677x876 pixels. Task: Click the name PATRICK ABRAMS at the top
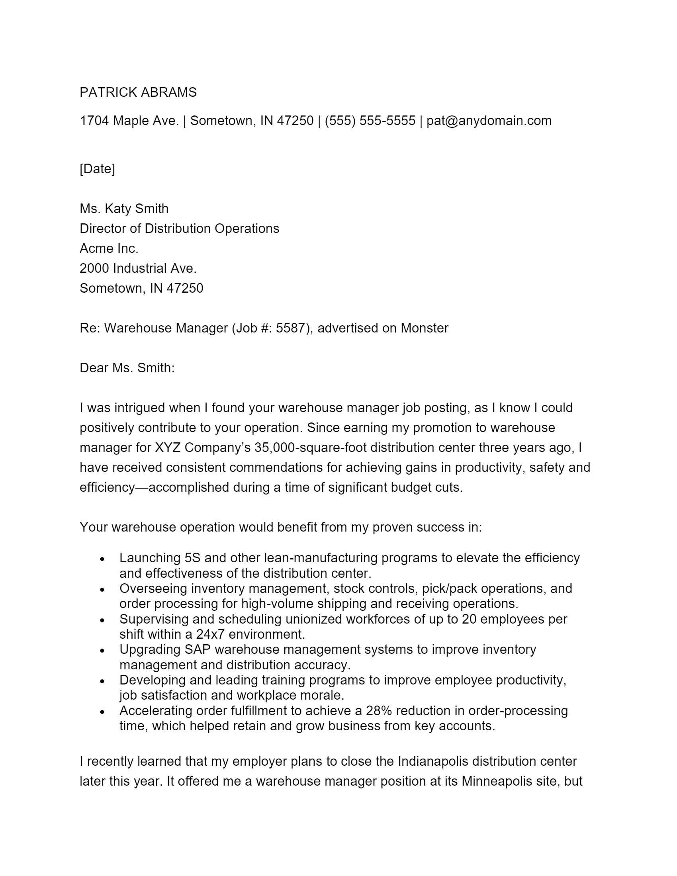click(138, 92)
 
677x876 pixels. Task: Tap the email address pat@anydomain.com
click(489, 121)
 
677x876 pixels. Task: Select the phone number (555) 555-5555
click(370, 121)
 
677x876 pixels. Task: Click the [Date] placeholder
click(97, 168)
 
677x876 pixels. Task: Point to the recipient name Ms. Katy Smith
click(124, 209)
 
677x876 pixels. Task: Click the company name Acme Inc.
click(109, 248)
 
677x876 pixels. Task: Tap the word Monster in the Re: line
click(425, 328)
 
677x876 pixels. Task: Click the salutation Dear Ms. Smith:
click(127, 368)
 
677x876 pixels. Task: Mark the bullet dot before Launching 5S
click(102, 559)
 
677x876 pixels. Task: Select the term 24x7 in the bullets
click(210, 634)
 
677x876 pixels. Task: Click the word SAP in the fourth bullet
click(197, 649)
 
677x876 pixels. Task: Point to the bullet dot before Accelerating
click(102, 712)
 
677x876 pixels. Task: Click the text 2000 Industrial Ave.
click(138, 268)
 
